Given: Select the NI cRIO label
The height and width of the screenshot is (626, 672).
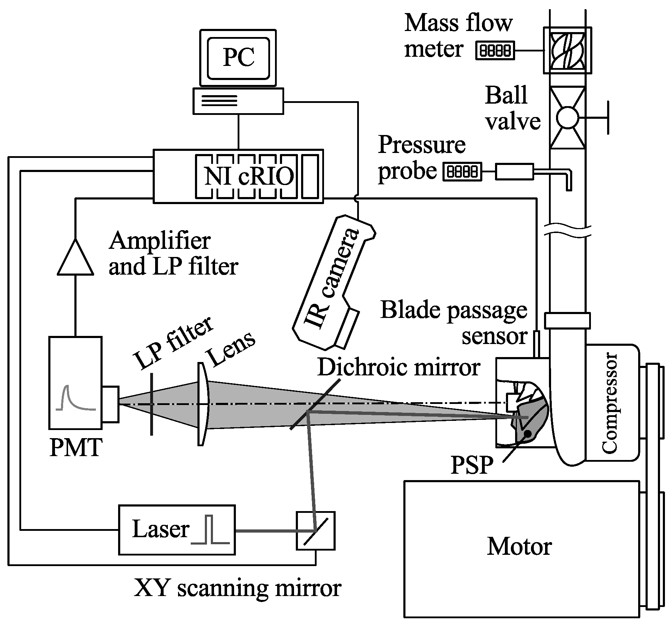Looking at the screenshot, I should [x=249, y=176].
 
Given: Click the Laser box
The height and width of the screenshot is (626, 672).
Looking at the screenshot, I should [x=176, y=529].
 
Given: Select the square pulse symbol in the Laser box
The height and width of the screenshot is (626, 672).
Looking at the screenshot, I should [x=210, y=530].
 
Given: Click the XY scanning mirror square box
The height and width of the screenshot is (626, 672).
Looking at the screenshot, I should [x=315, y=531].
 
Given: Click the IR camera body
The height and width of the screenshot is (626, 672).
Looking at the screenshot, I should [x=331, y=282].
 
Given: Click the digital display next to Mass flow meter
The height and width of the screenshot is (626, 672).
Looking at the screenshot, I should [x=495, y=50].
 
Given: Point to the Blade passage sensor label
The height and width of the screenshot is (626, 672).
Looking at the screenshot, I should [x=455, y=323].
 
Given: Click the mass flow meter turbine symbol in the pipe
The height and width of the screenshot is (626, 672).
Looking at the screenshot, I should [x=567, y=50].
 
